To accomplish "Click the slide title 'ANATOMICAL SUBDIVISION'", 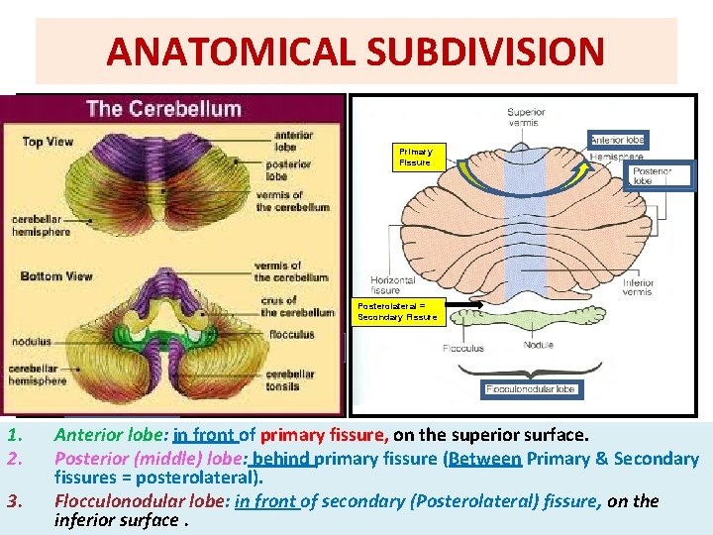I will click(x=356, y=52).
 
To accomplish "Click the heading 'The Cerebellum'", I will click(x=163, y=109).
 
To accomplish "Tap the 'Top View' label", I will click(x=48, y=142).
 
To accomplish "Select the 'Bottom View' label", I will click(x=55, y=275).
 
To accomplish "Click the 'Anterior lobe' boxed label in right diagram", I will click(x=618, y=140).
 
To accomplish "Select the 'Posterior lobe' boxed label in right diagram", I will click(x=652, y=176).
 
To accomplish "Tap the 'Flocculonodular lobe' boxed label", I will click(x=531, y=389).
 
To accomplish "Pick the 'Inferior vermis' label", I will click(x=639, y=287).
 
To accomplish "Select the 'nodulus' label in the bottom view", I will click(x=32, y=341).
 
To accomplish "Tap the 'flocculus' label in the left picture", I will click(x=290, y=335).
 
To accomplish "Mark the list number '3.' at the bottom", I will click(x=13, y=500).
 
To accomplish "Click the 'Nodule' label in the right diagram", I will click(x=539, y=346).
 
